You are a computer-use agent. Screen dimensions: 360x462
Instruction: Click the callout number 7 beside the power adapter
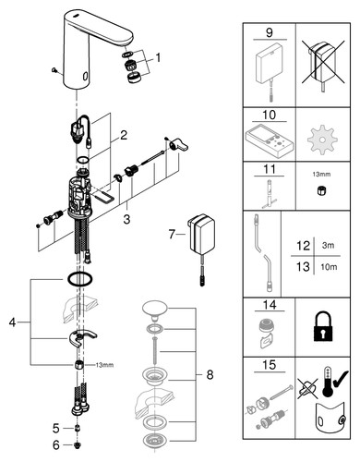tap(172, 234)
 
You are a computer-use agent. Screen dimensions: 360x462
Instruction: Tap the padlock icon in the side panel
tap(323, 326)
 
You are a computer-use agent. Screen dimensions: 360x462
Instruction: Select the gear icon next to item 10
tap(322, 140)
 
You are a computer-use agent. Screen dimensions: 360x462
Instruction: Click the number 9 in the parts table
tap(270, 32)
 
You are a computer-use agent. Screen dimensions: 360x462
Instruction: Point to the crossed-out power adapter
tap(322, 65)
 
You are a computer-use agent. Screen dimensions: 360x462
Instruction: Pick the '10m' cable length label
tap(329, 267)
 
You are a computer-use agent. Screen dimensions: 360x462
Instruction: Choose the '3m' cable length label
tap(328, 246)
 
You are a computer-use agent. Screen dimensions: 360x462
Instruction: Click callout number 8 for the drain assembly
tap(210, 375)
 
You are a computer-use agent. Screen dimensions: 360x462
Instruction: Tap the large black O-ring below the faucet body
tap(79, 279)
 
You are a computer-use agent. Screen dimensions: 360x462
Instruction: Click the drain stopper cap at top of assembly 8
tap(154, 308)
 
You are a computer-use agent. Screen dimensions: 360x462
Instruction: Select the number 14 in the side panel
tap(270, 305)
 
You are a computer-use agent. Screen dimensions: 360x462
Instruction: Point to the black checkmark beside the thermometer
tap(341, 379)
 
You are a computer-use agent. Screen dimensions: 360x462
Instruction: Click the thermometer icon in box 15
tap(327, 381)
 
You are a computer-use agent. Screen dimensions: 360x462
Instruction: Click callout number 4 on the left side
tap(12, 322)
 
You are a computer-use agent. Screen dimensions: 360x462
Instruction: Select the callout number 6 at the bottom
tap(55, 444)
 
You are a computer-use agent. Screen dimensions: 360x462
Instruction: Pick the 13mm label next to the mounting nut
tap(104, 365)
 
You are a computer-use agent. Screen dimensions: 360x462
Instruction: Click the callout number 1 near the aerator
tap(158, 57)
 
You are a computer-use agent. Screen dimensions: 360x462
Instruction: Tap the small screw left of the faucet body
tap(54, 70)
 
